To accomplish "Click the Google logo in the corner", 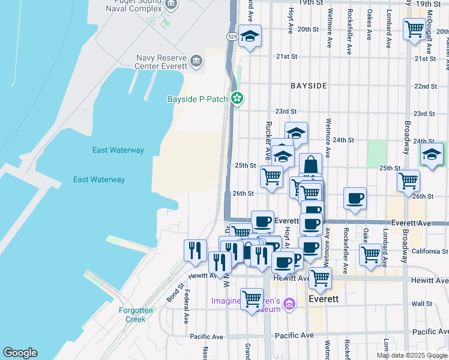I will (x=20, y=353).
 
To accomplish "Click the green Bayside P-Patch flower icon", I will (x=238, y=98).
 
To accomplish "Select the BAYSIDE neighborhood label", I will (x=309, y=86).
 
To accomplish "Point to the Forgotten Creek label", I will (x=136, y=314).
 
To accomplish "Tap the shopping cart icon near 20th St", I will (x=414, y=28).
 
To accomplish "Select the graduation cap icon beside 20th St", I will (x=250, y=35).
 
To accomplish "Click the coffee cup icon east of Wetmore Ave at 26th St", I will (x=355, y=198).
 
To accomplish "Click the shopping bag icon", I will (x=310, y=164).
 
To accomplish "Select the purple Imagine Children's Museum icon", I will (x=290, y=304).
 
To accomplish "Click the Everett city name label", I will (x=324, y=299).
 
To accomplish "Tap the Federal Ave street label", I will (x=187, y=305).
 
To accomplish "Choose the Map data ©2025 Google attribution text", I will (x=411, y=355).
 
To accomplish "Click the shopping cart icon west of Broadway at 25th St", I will (x=409, y=180).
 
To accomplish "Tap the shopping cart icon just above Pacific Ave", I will (x=252, y=298).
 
